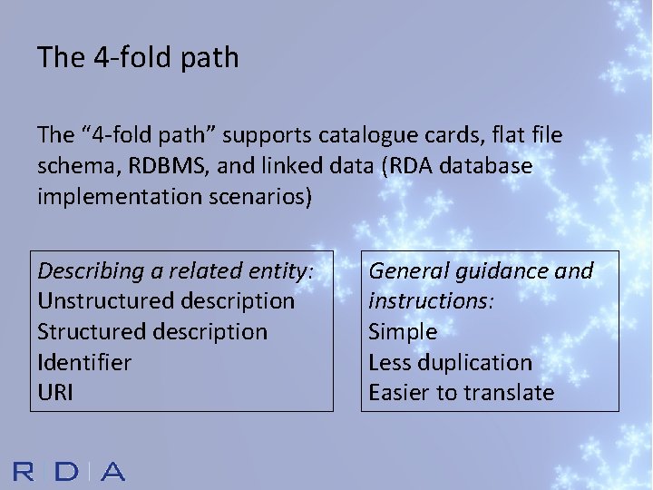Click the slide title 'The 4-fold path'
(x=138, y=58)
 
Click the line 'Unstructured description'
(x=166, y=300)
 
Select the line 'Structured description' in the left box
(x=152, y=331)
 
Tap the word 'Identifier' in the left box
(x=84, y=362)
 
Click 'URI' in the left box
(x=55, y=392)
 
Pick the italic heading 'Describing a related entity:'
(x=176, y=270)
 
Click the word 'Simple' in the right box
(x=403, y=331)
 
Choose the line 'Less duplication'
(x=450, y=362)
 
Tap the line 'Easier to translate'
(x=461, y=392)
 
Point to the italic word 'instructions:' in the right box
(x=431, y=300)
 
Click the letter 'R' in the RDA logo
(x=24, y=471)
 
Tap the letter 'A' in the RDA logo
(x=112, y=471)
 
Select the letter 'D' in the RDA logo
(x=67, y=471)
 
